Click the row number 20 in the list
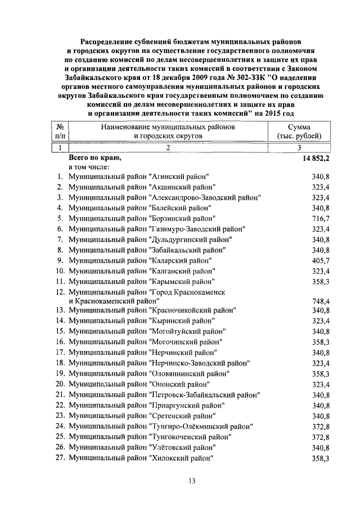(x=61, y=384)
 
